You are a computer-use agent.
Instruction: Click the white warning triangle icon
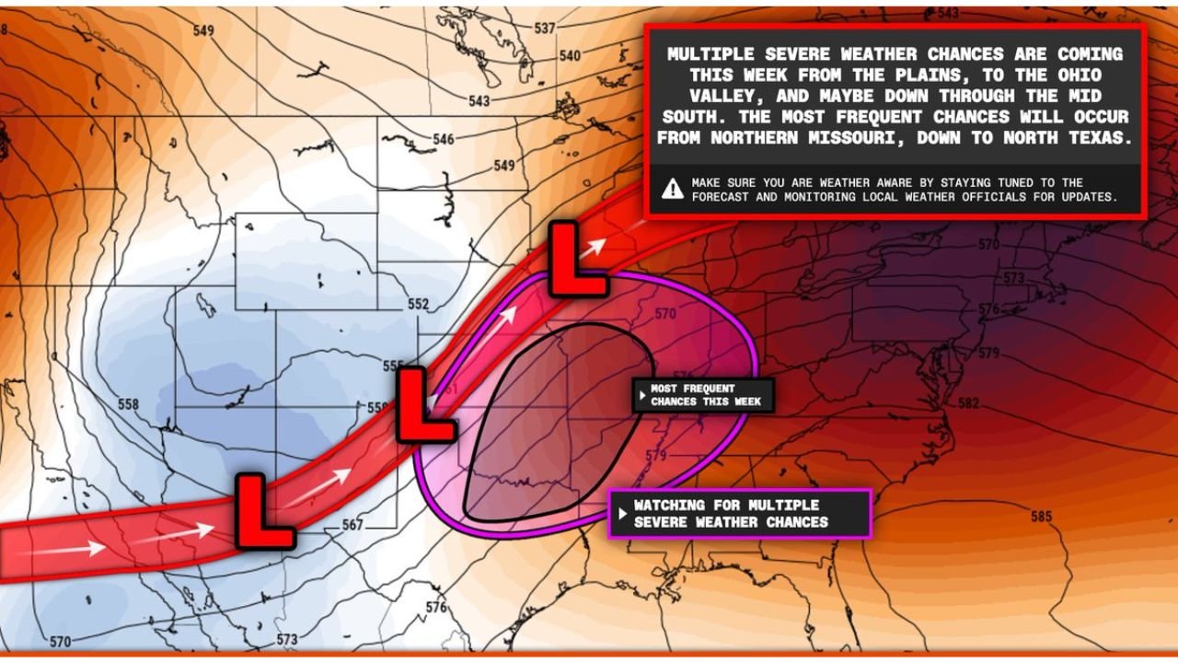(x=673, y=190)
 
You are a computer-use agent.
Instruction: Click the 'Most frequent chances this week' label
(x=703, y=395)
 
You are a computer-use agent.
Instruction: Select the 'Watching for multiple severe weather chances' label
(x=739, y=514)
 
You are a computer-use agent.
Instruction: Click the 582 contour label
(x=968, y=402)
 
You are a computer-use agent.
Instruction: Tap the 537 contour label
(x=545, y=29)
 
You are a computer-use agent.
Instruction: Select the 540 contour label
(x=570, y=55)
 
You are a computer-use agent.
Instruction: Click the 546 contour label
(x=444, y=140)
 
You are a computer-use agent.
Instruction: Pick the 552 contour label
(x=418, y=305)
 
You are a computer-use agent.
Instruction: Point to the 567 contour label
(x=352, y=525)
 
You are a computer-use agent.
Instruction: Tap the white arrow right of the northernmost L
(x=595, y=246)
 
